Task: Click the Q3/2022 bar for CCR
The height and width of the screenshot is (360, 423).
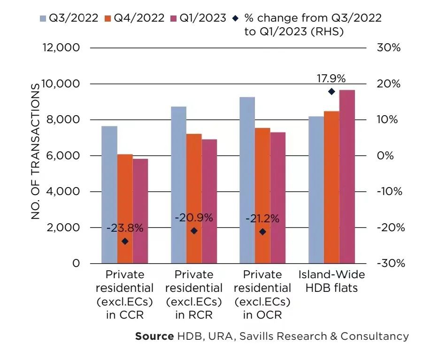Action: coord(109,195)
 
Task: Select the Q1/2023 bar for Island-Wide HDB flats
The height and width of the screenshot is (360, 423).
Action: coord(347,177)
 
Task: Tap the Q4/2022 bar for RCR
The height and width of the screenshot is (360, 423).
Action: coord(194,198)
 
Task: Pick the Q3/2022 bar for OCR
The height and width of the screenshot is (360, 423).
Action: coord(247,180)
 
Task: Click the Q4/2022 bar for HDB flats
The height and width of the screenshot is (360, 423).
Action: coord(331,187)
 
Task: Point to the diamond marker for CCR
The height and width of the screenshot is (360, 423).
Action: coord(125,241)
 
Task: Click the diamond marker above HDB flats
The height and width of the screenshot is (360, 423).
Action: coord(331,92)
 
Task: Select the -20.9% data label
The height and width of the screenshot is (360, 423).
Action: coord(194,218)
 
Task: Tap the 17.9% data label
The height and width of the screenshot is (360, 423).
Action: coord(331,78)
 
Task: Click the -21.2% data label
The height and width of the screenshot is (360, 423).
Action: coord(262,219)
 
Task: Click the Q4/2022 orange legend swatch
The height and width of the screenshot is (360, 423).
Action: coord(108,19)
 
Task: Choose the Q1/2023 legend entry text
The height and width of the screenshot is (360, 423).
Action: coord(203,18)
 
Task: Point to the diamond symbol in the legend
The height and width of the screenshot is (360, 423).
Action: coord(236,18)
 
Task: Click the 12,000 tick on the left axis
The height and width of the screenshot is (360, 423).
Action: coord(61,48)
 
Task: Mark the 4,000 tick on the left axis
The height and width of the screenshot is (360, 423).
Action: coord(63,191)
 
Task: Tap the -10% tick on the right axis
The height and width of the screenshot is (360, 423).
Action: coord(389,191)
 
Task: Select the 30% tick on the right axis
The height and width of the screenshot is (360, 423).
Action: coord(389,48)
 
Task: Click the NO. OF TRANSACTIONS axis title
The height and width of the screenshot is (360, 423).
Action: coord(35,151)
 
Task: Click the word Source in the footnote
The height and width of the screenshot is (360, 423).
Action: coord(154,336)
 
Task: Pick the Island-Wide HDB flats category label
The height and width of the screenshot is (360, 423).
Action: coord(331,282)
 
